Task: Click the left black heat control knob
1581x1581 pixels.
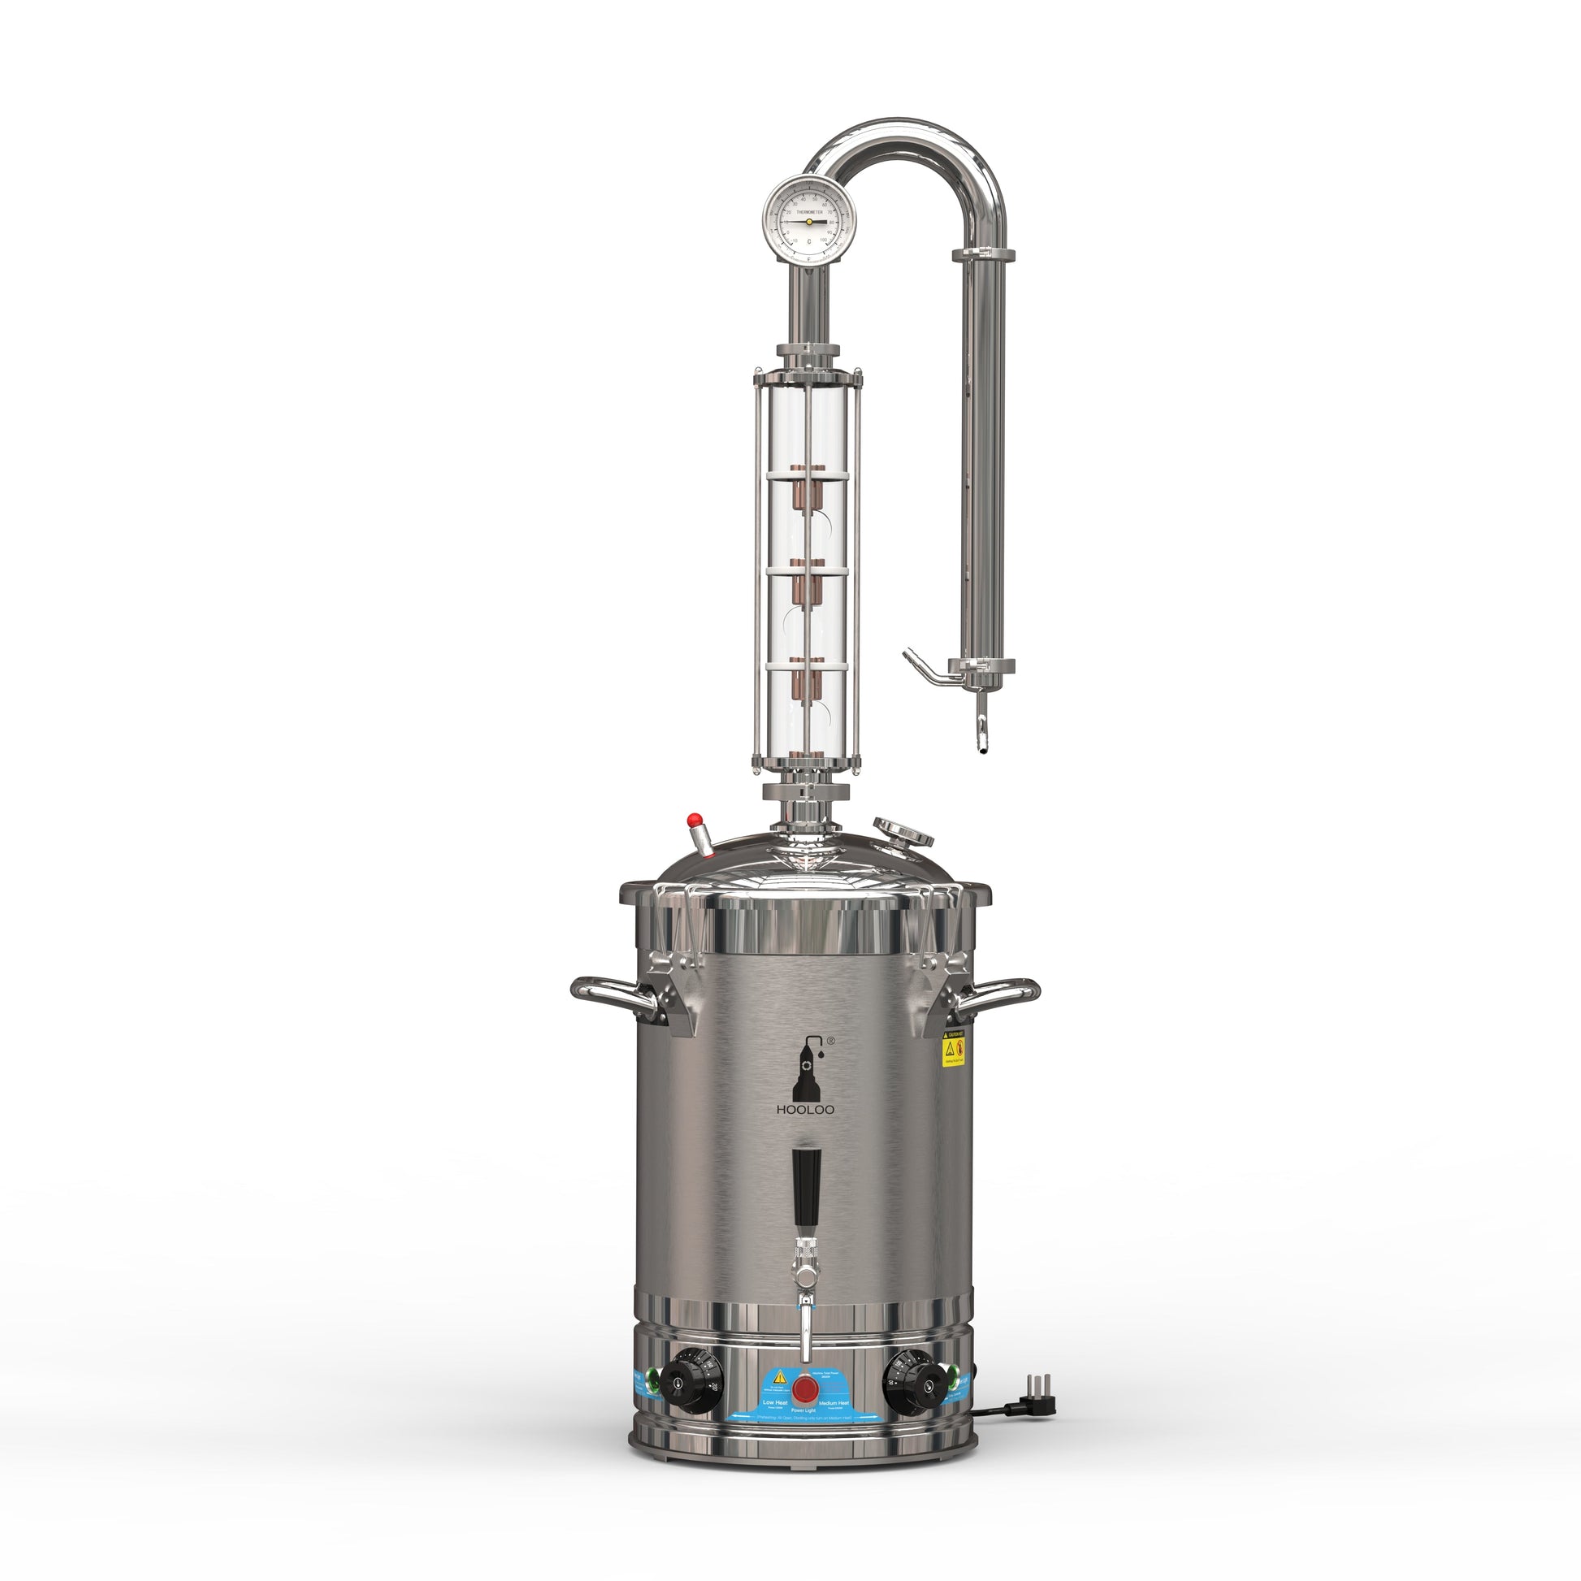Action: click(678, 1382)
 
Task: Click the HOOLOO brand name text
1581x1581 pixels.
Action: click(806, 1110)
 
